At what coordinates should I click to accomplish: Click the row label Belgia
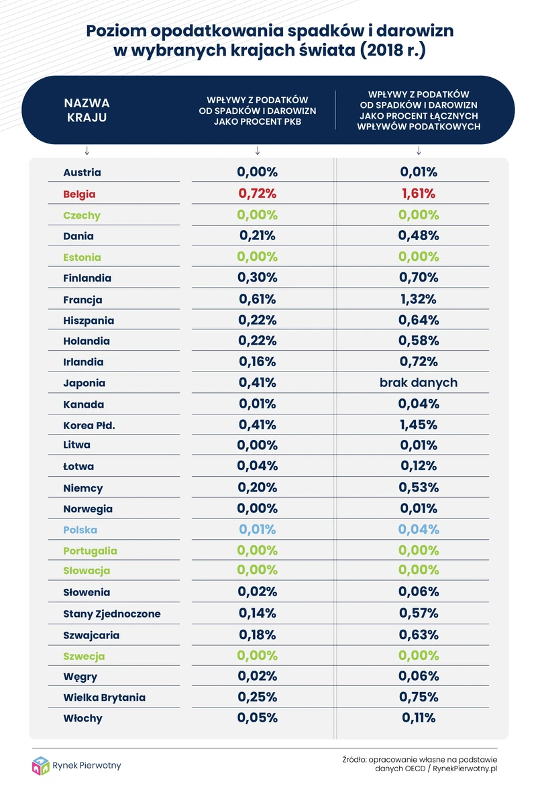point(79,194)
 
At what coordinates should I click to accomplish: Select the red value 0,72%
point(258,194)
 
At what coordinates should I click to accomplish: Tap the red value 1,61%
point(419,194)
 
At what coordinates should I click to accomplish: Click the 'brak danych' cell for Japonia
point(419,383)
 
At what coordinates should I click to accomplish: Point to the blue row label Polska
point(80,530)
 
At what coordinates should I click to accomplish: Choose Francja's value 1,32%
point(419,299)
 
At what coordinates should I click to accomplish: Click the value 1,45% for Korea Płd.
point(419,425)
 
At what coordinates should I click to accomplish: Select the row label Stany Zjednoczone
point(112,614)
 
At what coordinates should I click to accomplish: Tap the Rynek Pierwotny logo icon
point(41,765)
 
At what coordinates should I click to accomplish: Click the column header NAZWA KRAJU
point(87,110)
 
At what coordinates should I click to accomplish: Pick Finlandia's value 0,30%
point(258,278)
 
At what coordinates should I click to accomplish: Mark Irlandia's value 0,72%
point(419,362)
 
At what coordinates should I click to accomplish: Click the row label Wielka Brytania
point(104,697)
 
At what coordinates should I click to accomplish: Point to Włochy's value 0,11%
point(419,718)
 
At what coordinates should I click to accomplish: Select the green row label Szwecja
point(84,656)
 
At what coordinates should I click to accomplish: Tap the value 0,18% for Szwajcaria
point(258,634)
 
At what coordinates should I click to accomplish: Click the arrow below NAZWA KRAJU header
point(87,150)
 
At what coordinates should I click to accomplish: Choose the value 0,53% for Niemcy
point(419,488)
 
